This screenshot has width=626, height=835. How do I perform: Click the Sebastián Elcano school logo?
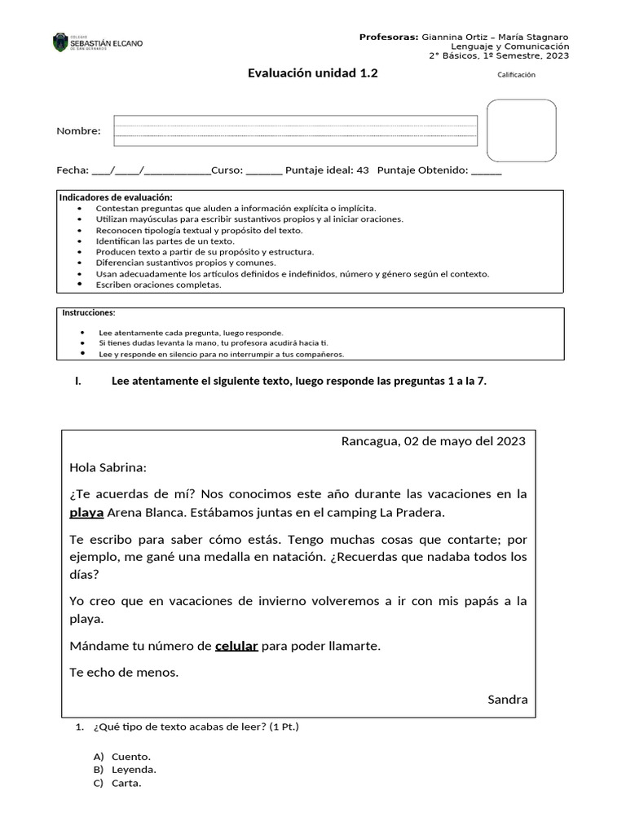pyautogui.click(x=97, y=42)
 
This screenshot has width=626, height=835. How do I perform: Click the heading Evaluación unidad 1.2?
pyautogui.click(x=312, y=73)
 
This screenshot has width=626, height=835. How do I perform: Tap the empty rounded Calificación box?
pyautogui.click(x=522, y=130)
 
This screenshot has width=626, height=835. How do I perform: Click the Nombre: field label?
pyautogui.click(x=78, y=131)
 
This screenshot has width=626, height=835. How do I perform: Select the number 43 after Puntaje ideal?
pyautogui.click(x=363, y=170)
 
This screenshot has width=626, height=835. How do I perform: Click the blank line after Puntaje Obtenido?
pyautogui.click(x=486, y=171)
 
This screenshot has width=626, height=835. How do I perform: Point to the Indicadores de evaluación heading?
pyautogui.click(x=117, y=198)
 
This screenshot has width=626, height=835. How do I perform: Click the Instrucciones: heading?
pyautogui.click(x=89, y=313)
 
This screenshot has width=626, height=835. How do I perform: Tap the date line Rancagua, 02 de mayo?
pyautogui.click(x=433, y=441)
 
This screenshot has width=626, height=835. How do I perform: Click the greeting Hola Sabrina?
pyautogui.click(x=108, y=467)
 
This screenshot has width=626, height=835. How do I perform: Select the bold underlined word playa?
pyautogui.click(x=86, y=513)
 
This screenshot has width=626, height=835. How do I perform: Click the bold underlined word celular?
pyautogui.click(x=236, y=646)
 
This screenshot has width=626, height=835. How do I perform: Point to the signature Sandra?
pyautogui.click(x=507, y=699)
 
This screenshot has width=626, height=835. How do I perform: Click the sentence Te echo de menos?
pyautogui.click(x=124, y=673)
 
